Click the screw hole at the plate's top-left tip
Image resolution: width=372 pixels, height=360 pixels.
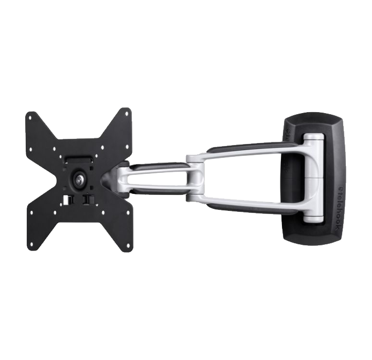pos(30,117)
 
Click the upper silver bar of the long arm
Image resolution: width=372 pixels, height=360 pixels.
pos(252,150)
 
